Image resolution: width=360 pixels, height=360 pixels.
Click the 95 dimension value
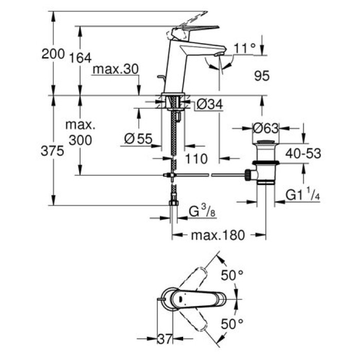pos(262,77)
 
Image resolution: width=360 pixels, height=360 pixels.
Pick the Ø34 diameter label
pos(210,105)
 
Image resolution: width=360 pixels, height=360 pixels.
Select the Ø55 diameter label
pos(138,138)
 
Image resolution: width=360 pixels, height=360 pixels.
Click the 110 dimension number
pos(197,159)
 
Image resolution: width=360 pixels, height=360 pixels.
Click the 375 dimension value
pos(53,151)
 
